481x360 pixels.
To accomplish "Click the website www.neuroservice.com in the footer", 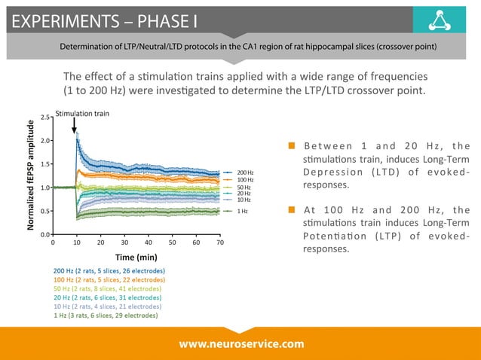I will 241,343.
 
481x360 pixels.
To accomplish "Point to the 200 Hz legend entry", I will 244,173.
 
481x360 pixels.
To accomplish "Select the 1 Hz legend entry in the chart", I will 242,212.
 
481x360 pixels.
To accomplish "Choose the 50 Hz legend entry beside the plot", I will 244,187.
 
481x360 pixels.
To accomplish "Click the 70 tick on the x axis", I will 219,243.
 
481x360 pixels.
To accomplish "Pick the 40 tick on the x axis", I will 148,243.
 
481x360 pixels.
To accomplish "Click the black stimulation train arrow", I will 76,127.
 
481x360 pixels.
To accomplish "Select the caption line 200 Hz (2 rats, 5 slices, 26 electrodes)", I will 110,270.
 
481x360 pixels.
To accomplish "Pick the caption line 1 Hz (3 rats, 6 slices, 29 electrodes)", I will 106,316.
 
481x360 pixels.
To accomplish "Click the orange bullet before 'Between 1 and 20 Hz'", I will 291,146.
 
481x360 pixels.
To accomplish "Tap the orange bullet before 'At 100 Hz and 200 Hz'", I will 291,209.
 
